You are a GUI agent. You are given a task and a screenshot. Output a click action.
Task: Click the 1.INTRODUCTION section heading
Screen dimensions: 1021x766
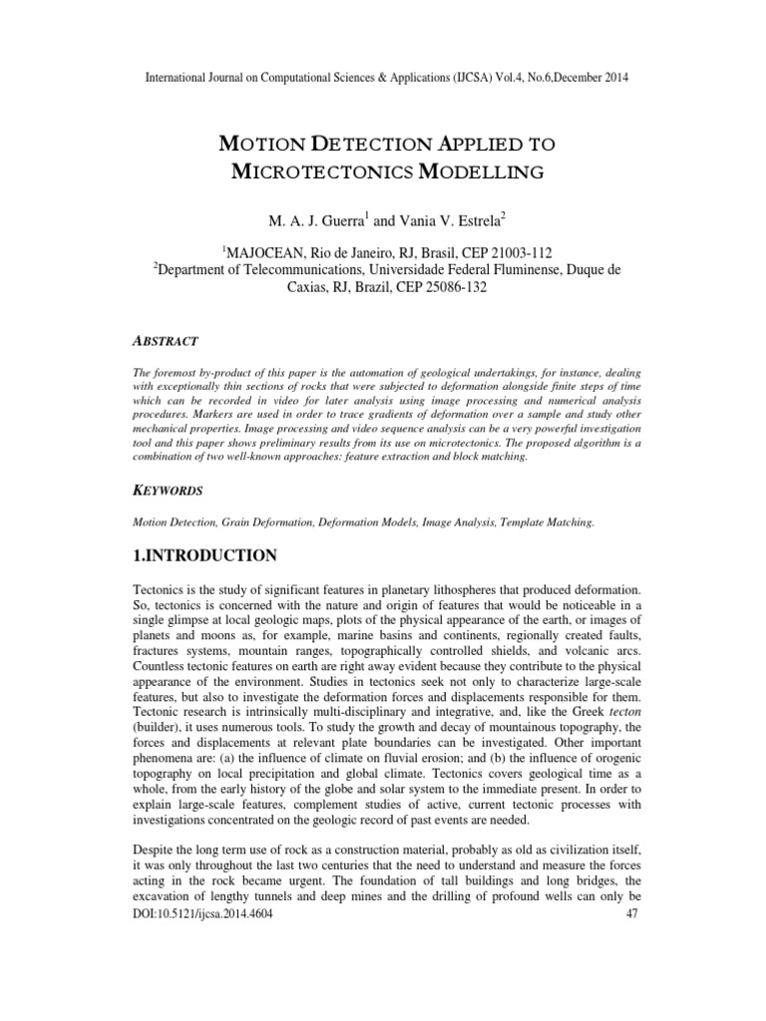point(205,553)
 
